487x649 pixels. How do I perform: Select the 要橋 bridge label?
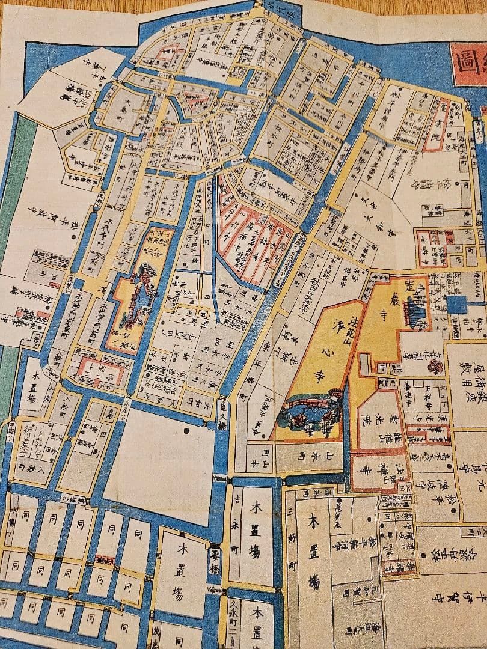pos(214,556)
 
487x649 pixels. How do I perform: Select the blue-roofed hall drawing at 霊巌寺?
pos(416,314)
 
